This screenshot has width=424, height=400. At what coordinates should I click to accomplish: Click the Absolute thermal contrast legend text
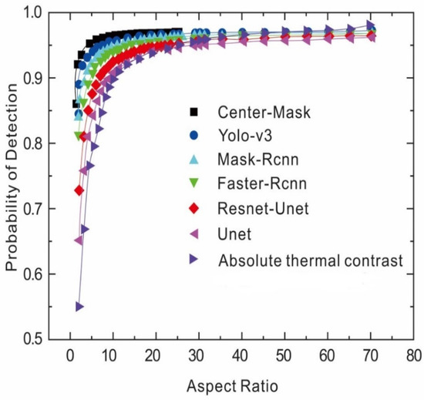tap(311, 260)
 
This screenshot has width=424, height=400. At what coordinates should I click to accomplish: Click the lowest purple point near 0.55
tap(79, 306)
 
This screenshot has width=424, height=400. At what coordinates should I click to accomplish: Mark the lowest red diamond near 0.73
tap(79, 190)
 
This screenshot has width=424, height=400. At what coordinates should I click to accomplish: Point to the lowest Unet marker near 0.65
tap(79, 240)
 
